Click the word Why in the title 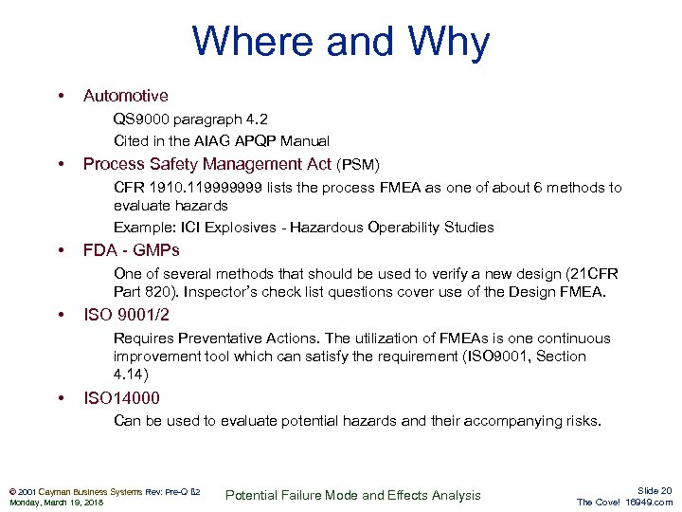(x=449, y=42)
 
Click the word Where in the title (x=248, y=42)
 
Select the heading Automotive (x=125, y=96)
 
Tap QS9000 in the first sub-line (x=143, y=119)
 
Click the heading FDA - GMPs (x=131, y=250)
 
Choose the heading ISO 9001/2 (x=126, y=315)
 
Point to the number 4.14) (x=131, y=375)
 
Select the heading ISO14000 (x=121, y=398)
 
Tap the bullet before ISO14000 (x=62, y=398)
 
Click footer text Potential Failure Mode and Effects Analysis (x=354, y=495)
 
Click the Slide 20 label (x=655, y=490)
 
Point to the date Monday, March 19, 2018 (x=56, y=502)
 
